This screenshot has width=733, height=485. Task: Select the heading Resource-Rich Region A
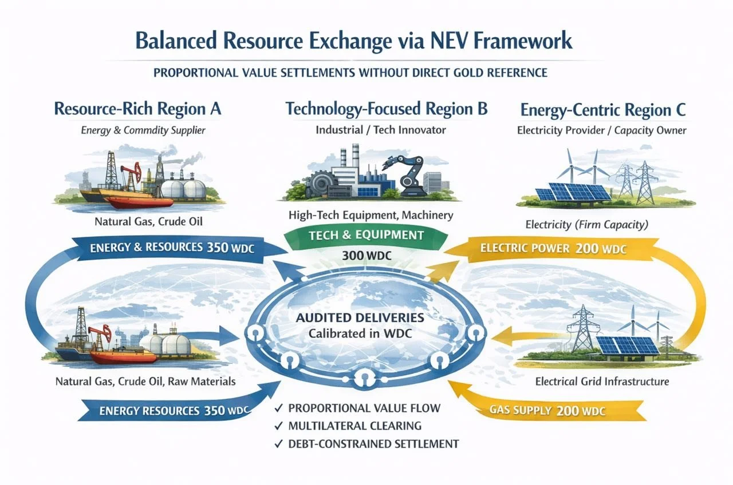tap(137, 109)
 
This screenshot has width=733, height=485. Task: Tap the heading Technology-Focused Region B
tap(387, 109)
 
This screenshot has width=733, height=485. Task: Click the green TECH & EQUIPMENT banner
tap(366, 235)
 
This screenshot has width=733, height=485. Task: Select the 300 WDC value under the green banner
tap(366, 255)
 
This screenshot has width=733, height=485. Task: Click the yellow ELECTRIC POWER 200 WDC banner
tap(553, 249)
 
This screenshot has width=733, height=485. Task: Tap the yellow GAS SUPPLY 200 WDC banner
tap(547, 410)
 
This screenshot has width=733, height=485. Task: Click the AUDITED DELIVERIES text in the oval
tap(366, 317)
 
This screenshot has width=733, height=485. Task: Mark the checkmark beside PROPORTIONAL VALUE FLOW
tap(279, 408)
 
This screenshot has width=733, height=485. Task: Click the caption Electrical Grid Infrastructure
tap(602, 381)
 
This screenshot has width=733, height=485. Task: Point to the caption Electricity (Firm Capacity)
tap(586, 225)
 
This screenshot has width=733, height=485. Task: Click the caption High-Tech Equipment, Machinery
tap(371, 216)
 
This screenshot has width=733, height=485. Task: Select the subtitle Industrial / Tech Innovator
tap(380, 130)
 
